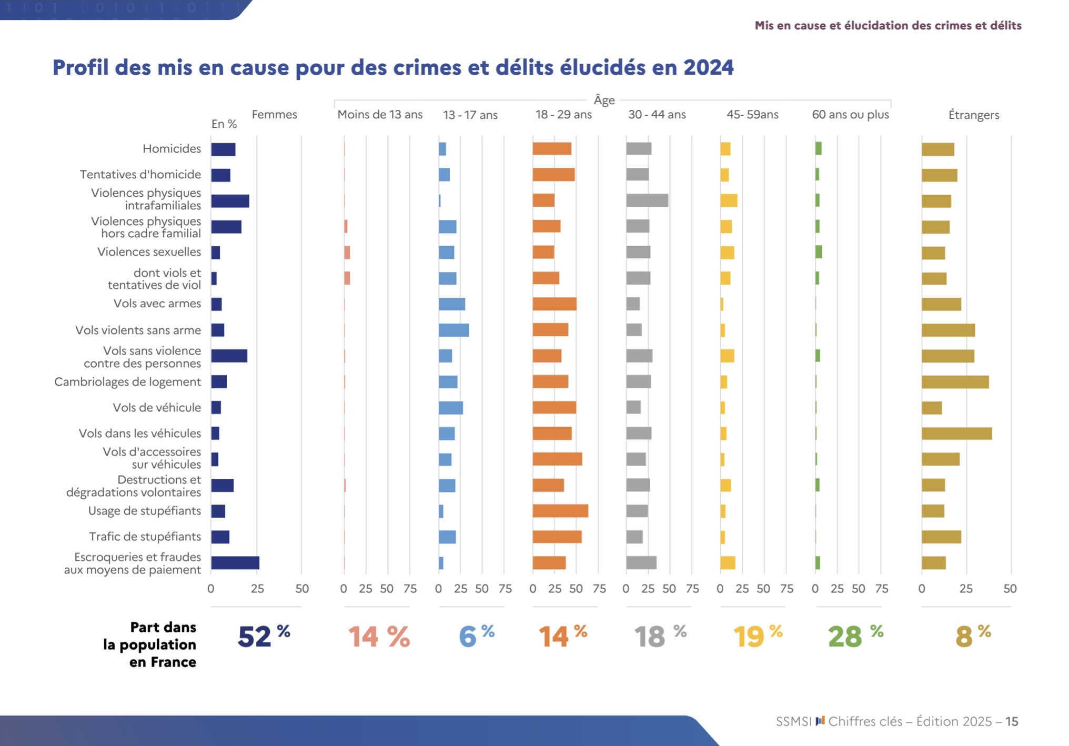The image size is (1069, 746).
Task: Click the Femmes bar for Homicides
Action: click(x=223, y=149)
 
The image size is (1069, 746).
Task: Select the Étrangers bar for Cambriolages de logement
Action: click(x=955, y=382)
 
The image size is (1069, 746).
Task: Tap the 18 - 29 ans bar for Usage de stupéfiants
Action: click(x=560, y=511)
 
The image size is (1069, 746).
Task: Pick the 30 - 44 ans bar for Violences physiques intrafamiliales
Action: click(x=647, y=200)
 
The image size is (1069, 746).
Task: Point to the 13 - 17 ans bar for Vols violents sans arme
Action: click(x=453, y=330)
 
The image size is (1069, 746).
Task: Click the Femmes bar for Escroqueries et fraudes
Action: click(x=235, y=563)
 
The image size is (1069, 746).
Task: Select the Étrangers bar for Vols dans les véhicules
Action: click(x=956, y=434)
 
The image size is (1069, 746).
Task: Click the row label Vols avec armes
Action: click(x=157, y=304)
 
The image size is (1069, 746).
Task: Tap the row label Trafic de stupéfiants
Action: click(x=145, y=537)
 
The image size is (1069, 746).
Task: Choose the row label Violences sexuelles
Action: click(x=149, y=252)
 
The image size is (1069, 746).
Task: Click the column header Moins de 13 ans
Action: click(x=380, y=115)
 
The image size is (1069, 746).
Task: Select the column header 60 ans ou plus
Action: click(x=850, y=115)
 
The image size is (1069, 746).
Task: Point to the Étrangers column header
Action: click(x=973, y=115)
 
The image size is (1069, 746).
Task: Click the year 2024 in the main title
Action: click(x=708, y=68)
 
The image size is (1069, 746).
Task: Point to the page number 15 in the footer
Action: click(x=1012, y=721)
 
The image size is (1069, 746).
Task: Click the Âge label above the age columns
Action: click(x=604, y=100)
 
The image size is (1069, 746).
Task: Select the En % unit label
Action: click(x=224, y=124)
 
